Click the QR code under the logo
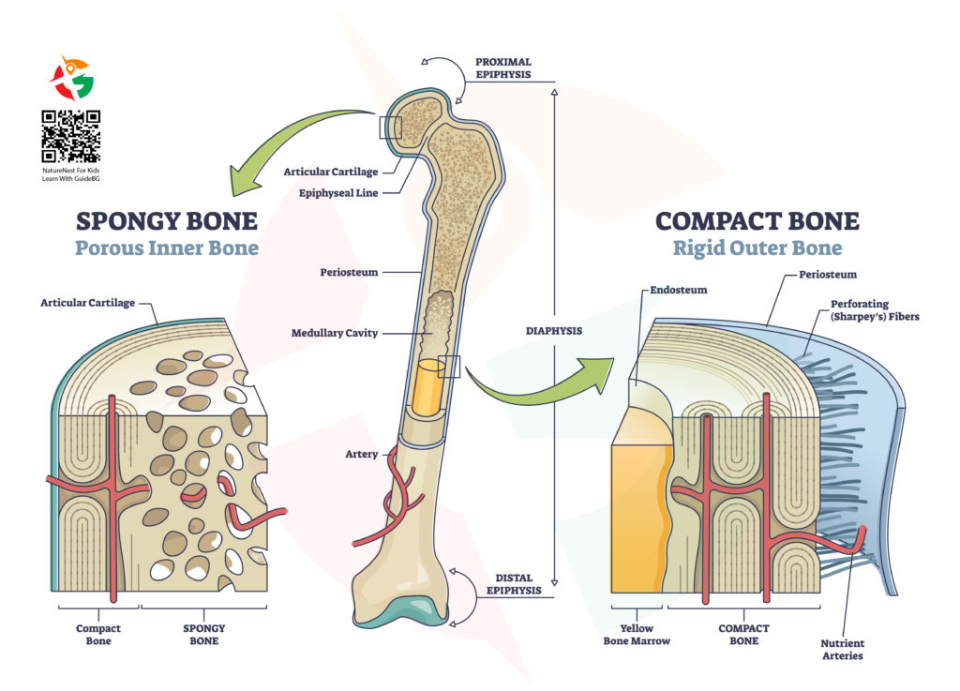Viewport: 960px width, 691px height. tap(71, 137)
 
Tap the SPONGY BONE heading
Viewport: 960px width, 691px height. tap(166, 221)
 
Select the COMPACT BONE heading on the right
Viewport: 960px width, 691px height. tap(757, 221)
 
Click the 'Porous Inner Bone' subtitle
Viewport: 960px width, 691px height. tap(166, 249)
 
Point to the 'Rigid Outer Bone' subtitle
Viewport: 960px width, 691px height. tap(757, 248)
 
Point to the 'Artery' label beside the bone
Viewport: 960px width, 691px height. tap(361, 455)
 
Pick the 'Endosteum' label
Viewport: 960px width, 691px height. tap(673, 291)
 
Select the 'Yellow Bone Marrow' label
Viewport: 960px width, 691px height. tap(643, 635)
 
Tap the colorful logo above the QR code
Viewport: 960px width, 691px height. tap(71, 79)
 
